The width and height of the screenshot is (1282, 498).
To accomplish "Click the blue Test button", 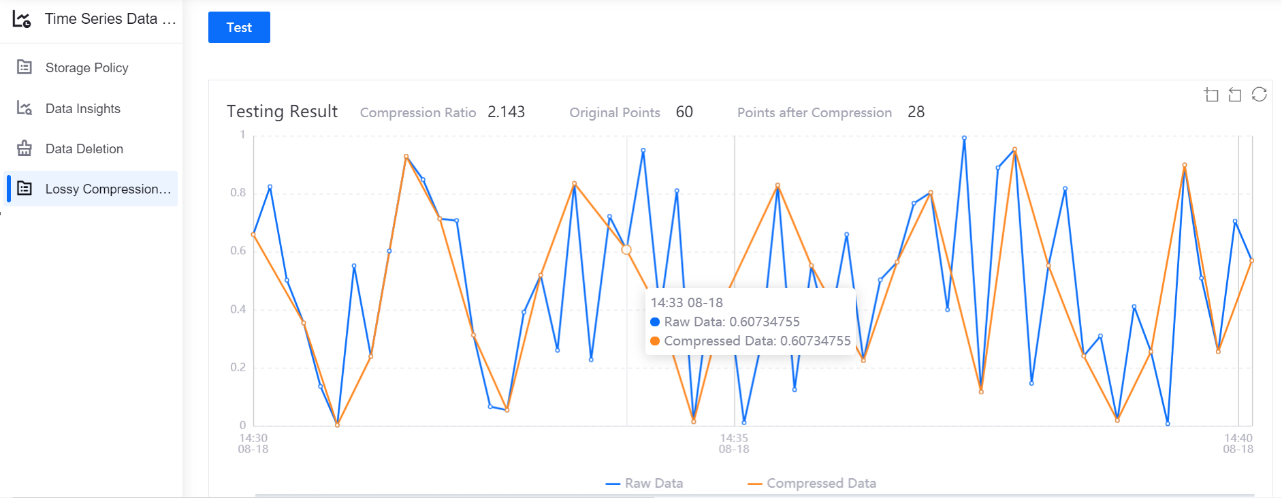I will (x=239, y=27).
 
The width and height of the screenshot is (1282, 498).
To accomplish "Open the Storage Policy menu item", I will (x=86, y=67).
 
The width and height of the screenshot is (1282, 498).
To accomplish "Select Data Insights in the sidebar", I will (x=82, y=108).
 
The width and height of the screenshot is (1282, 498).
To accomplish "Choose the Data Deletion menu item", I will (x=84, y=149).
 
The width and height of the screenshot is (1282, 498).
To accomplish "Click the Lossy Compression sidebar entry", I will (x=108, y=189).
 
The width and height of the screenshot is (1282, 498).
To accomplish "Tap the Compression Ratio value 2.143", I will (x=506, y=112).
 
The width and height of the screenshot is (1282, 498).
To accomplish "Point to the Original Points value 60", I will (x=684, y=112).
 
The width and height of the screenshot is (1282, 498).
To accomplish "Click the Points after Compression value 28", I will (x=916, y=112).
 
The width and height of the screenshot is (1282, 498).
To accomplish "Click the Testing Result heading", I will (x=282, y=111).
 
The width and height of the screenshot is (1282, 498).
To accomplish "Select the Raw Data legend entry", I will (x=645, y=483).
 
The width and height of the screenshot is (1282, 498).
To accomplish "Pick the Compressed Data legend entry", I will (x=812, y=483).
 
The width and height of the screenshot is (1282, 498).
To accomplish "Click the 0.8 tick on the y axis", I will (x=238, y=193).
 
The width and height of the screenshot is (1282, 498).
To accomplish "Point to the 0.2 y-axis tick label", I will (x=238, y=367).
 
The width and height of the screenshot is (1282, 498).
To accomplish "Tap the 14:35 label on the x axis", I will (x=734, y=443).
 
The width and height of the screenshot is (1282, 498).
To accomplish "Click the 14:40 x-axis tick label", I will (x=1238, y=443).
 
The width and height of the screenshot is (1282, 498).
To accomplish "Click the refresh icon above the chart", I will (x=1259, y=95).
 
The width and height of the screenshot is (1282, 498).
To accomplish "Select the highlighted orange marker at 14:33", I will (x=626, y=250).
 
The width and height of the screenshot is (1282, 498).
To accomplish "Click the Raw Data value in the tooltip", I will (x=764, y=322).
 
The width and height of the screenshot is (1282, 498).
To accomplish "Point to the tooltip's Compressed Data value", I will (x=815, y=341).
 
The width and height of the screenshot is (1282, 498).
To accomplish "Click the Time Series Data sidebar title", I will (x=109, y=19).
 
